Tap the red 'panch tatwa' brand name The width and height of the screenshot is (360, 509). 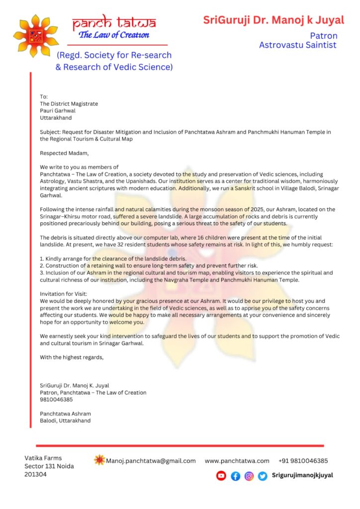click(x=114, y=22)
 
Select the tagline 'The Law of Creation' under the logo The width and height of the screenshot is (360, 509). click(x=114, y=35)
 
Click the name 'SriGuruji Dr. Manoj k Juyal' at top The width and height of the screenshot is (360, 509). click(x=273, y=20)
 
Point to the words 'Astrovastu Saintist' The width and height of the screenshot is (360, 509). click(x=298, y=45)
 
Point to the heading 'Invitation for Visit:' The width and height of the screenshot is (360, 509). click(x=63, y=294)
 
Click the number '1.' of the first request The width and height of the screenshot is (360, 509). click(x=42, y=258)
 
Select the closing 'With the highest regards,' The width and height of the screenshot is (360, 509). click(x=72, y=357)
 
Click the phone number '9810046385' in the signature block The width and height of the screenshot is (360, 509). click(x=56, y=399)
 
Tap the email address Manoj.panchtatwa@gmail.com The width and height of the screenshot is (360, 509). click(x=151, y=461)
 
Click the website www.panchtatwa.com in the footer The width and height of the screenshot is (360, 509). click(x=237, y=461)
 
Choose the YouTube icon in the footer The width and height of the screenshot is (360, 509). click(x=221, y=476)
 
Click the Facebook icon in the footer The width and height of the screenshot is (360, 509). click(x=235, y=476)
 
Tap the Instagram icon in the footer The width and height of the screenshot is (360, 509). click(x=249, y=476)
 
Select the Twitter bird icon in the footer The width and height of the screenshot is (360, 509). click(x=263, y=476)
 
